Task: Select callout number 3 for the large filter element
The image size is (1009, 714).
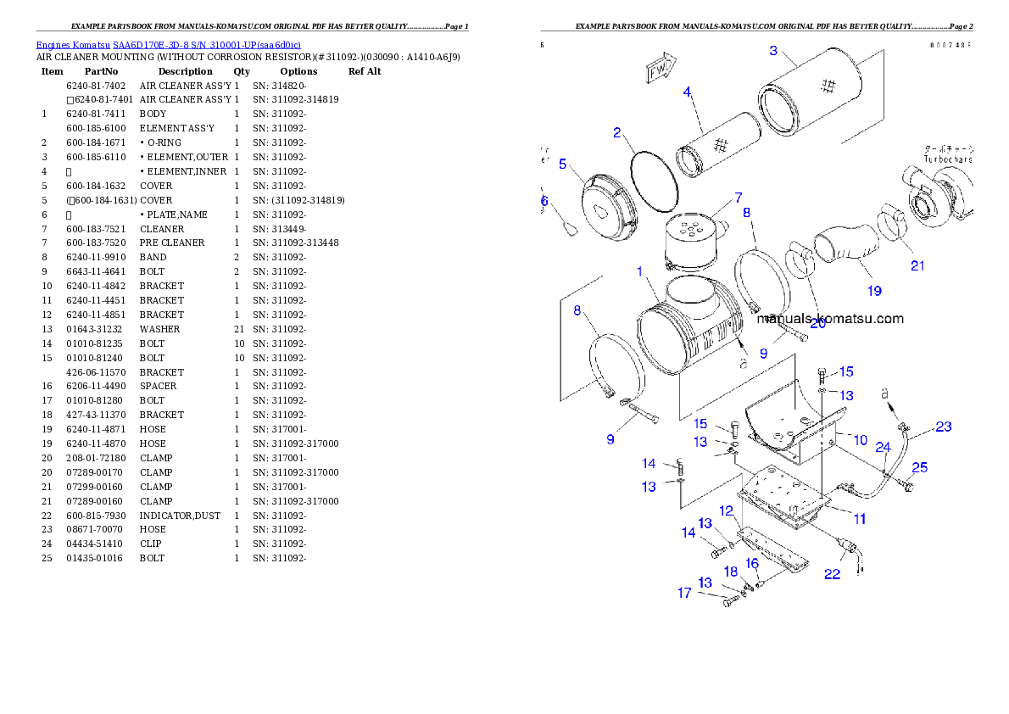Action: pos(772,51)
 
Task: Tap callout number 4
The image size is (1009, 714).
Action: pos(687,91)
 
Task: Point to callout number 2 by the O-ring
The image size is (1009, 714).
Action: pos(618,132)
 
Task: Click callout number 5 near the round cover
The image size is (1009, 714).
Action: pos(563,164)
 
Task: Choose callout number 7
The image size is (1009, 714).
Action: pos(738,197)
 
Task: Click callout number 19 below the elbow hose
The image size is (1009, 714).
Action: pos(874,291)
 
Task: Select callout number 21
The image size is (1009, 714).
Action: pos(917,265)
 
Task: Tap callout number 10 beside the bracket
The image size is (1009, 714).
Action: pos(860,440)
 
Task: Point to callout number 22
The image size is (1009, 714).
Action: pos(833,574)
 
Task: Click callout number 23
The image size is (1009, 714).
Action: pos(944,427)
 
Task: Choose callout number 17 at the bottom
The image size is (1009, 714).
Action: pos(684,594)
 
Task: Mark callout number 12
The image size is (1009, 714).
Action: pos(727,510)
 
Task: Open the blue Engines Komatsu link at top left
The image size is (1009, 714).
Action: pos(168,45)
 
